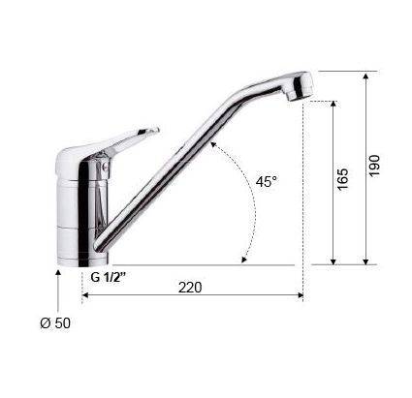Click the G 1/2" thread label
tap(111, 275)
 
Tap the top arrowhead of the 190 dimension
tap(365, 76)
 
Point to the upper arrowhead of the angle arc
tap(216, 144)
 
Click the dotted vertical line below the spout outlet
tap(304, 194)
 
